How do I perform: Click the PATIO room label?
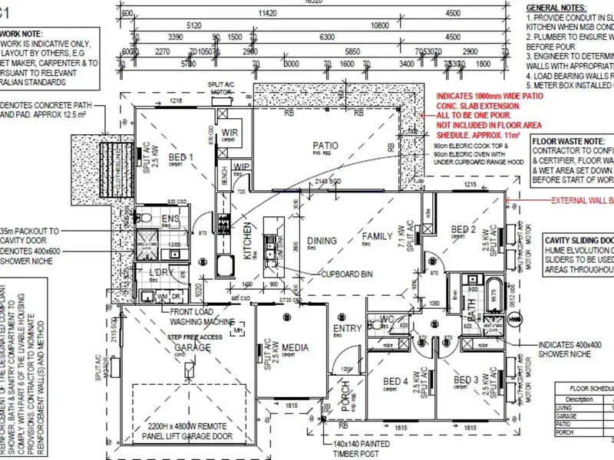point(325,144)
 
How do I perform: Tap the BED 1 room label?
point(181,159)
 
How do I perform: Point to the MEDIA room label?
point(295,349)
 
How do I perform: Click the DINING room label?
point(322,241)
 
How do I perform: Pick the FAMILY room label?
point(377,236)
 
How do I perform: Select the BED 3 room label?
point(466,380)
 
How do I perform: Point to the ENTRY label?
point(347,329)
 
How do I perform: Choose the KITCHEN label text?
point(248,242)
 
